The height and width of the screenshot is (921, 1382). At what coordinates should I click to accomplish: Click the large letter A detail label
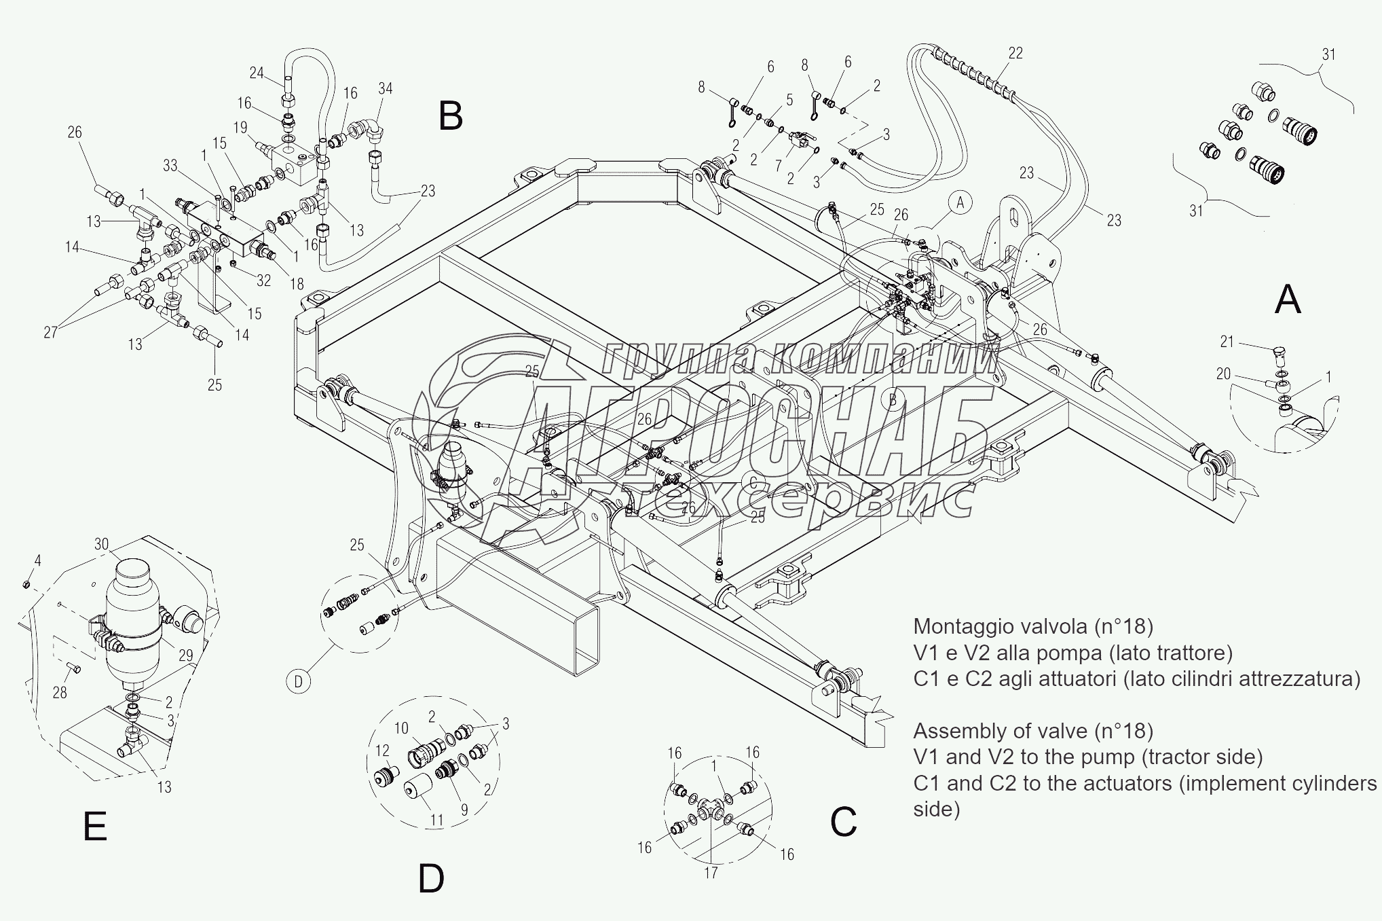(x=1288, y=300)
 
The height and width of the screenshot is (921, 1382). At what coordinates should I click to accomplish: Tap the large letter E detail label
(x=95, y=827)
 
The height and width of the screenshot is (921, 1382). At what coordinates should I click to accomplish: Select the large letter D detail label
(x=431, y=879)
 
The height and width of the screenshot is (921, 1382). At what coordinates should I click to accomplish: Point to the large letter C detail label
(x=844, y=823)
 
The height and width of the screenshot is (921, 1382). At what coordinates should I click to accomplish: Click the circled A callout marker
(x=960, y=202)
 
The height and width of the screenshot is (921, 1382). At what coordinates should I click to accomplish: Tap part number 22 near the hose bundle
(x=1015, y=54)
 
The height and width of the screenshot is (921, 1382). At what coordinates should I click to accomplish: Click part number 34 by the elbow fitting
(x=386, y=88)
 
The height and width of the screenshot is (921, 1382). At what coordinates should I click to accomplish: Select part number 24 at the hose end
(x=257, y=72)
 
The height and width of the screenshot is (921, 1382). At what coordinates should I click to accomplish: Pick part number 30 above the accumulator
(x=102, y=543)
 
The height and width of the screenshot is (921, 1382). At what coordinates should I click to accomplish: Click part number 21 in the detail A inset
(x=1227, y=342)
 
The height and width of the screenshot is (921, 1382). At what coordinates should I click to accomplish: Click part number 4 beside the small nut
(x=38, y=561)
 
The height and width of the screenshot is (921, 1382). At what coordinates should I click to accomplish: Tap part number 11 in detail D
(x=436, y=820)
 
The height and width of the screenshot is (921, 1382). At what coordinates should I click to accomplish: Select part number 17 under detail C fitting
(x=711, y=873)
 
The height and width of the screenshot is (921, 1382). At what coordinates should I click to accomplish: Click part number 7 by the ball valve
(x=779, y=165)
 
